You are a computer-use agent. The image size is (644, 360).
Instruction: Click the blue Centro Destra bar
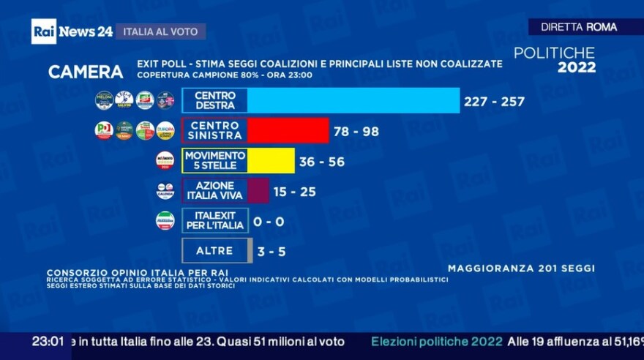353,101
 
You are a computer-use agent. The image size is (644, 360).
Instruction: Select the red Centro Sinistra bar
288,131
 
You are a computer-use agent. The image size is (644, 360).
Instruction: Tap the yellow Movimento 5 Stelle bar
271,161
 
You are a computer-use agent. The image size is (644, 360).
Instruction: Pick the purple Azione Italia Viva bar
258,191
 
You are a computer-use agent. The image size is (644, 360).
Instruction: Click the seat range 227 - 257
494,102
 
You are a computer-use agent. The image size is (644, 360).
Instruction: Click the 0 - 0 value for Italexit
269,221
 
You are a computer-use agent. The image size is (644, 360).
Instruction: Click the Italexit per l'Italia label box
215,220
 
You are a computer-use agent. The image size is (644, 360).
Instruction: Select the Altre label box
215,250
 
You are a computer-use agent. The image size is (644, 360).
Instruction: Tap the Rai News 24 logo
72,31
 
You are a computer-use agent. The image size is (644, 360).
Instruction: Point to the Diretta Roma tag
579,27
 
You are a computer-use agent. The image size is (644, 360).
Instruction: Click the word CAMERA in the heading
86,72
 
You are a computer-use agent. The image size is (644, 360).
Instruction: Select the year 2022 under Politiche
577,68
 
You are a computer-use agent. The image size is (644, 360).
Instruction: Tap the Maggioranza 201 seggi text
521,269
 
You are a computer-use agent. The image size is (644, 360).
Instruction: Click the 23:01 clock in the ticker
48,342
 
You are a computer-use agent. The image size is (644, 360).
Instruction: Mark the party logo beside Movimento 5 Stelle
165,161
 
